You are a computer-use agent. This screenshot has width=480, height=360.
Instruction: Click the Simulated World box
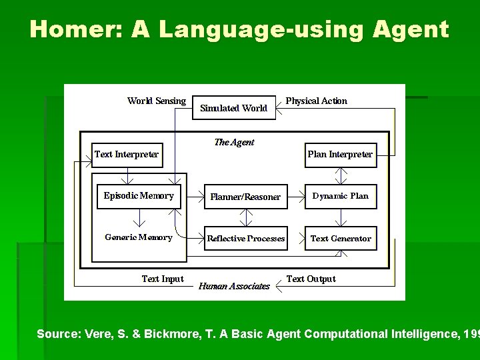[x=234, y=108]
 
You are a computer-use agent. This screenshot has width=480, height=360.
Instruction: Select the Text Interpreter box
[x=127, y=155]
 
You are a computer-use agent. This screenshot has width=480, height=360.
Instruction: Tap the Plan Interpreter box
[x=340, y=155]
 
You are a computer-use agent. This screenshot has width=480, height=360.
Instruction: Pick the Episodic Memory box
[x=139, y=196]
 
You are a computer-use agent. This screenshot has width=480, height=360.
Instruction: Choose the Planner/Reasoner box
[x=245, y=197]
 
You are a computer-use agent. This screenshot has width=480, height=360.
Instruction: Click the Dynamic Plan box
[x=340, y=196]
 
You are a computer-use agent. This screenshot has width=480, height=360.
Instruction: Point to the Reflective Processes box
[x=245, y=238]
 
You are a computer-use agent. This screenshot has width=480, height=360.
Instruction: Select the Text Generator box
[x=340, y=238]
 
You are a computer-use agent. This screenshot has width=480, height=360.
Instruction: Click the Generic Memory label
[x=139, y=237]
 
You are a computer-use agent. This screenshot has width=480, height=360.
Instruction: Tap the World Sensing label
[x=157, y=101]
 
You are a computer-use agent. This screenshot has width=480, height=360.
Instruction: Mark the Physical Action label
[x=317, y=101]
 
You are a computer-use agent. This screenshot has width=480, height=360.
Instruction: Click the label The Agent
[x=234, y=142]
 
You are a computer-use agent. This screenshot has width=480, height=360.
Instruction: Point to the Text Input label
[x=163, y=279]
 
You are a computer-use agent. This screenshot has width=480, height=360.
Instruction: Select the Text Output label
[x=311, y=279]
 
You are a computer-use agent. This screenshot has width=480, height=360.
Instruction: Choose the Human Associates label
[x=234, y=287]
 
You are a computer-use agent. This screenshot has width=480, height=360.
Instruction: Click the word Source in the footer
[x=58, y=333]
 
